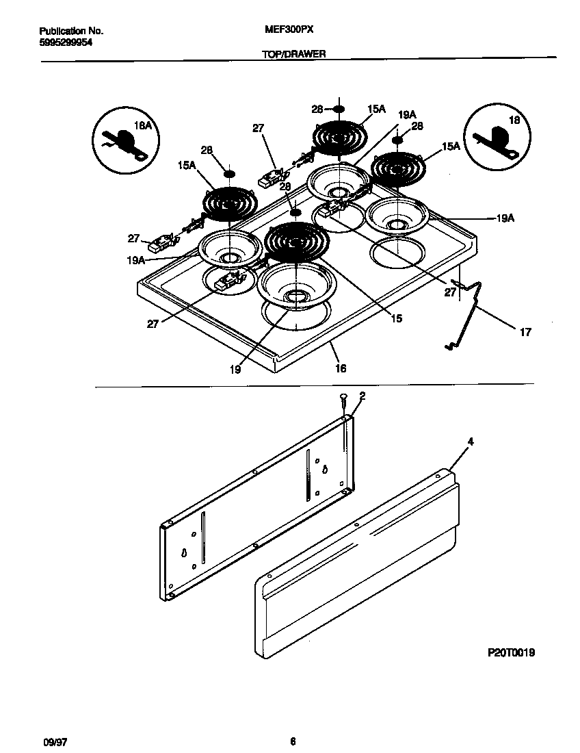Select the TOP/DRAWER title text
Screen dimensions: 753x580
(x=293, y=53)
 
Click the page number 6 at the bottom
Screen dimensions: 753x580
(x=292, y=741)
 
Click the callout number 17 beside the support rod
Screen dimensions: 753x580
(x=525, y=332)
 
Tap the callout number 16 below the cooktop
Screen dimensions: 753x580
(x=341, y=368)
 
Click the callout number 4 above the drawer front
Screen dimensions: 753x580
(x=470, y=442)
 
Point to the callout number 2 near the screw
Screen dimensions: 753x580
(x=362, y=396)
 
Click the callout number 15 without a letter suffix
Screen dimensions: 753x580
(x=396, y=318)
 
